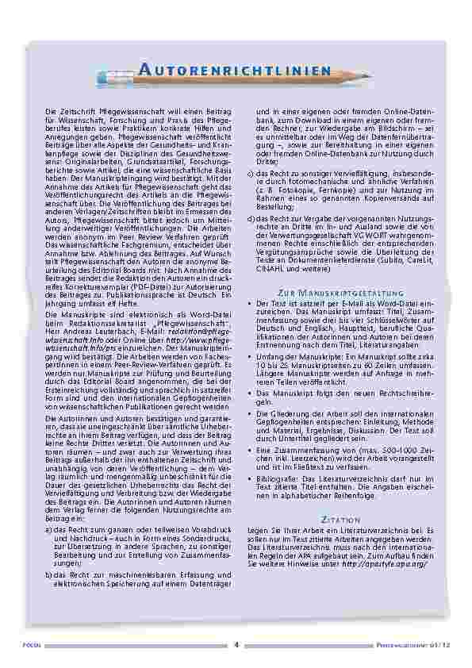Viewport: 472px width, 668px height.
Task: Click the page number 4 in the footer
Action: coord(236,644)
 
